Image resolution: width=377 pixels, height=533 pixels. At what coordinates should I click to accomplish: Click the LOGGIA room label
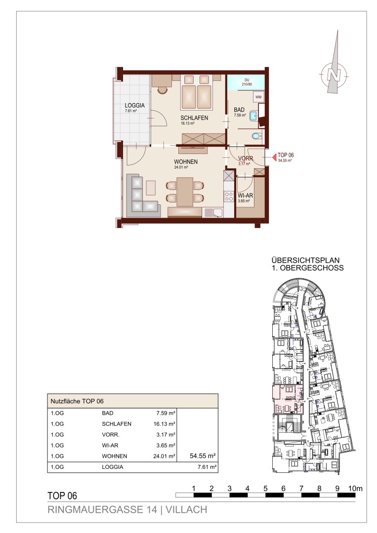click(135, 106)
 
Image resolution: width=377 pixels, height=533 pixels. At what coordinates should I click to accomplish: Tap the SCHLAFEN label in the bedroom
click(194, 118)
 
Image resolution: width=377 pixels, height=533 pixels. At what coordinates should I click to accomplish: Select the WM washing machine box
click(259, 97)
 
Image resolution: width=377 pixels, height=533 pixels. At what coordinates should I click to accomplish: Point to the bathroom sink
click(254, 115)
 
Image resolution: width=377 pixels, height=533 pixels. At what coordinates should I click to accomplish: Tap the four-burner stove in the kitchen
click(229, 196)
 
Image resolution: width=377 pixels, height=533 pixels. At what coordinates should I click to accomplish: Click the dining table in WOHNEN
click(185, 191)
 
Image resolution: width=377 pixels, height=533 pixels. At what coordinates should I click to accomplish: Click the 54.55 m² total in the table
click(203, 456)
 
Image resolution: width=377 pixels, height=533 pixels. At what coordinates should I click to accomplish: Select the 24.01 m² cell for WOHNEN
click(164, 456)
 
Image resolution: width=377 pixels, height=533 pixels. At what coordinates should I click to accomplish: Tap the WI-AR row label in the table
click(110, 445)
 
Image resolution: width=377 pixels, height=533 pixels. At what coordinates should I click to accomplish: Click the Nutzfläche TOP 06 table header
click(77, 401)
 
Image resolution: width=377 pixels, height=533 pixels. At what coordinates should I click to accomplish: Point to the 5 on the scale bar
click(265, 489)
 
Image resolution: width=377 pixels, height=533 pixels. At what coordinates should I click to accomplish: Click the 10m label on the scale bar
click(356, 489)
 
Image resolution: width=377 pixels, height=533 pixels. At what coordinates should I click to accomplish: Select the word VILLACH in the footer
click(186, 509)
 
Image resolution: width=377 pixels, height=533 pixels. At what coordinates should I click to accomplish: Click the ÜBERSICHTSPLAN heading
click(305, 261)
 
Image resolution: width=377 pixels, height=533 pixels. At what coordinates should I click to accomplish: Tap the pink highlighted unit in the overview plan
click(288, 399)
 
